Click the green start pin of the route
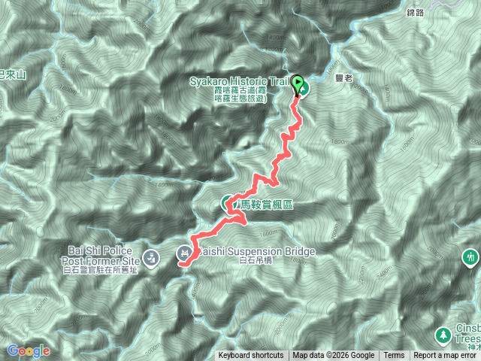pos(298,85)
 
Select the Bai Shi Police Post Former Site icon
pos(152,256)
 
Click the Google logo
pos(29,350)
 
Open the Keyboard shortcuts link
pos(251,356)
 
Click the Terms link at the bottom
pos(394,356)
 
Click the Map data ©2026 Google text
pos(334,356)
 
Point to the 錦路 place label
pos(416,13)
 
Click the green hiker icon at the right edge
pos(471,256)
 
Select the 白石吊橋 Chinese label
pos(253,262)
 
